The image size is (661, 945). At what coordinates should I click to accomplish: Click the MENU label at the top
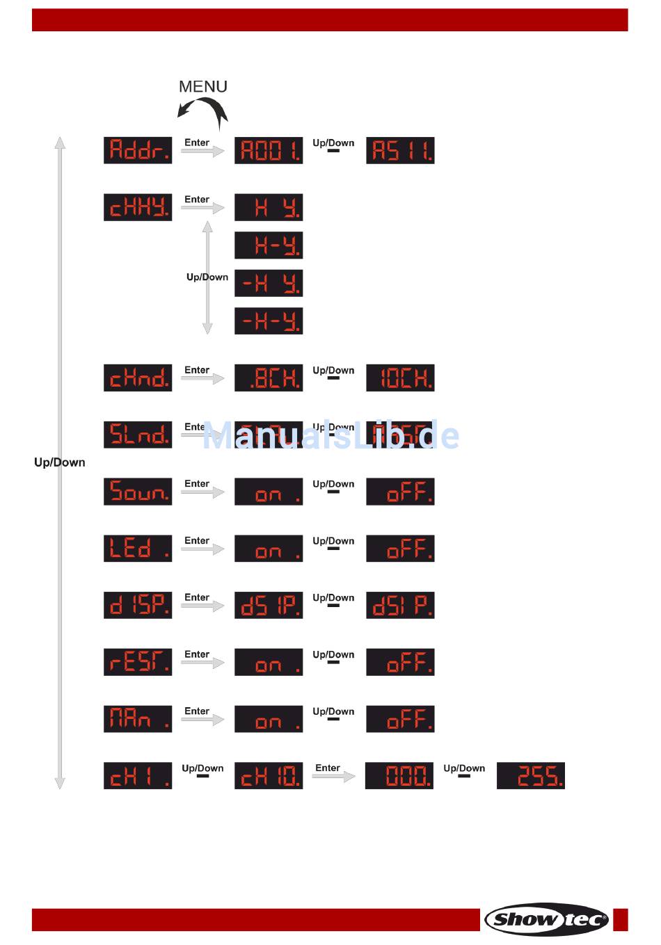click(x=203, y=86)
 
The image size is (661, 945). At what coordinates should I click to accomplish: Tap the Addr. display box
click(x=138, y=150)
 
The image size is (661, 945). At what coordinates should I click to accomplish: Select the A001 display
click(x=269, y=150)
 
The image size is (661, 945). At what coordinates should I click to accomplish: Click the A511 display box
click(x=400, y=150)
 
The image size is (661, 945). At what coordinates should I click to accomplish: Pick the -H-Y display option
click(x=269, y=321)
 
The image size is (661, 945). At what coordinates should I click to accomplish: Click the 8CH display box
click(x=269, y=378)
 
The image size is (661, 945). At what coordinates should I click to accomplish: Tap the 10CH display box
click(x=400, y=378)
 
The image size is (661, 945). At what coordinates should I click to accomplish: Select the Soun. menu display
click(x=138, y=492)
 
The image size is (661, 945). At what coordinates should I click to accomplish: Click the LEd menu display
click(x=138, y=548)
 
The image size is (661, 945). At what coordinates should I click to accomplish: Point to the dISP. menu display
click(x=138, y=605)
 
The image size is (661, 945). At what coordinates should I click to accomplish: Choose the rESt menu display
click(x=138, y=662)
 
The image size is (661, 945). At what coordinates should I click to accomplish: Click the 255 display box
click(x=531, y=775)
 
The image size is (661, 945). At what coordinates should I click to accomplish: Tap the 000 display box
click(x=399, y=775)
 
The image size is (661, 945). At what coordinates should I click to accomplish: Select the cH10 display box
click(x=269, y=775)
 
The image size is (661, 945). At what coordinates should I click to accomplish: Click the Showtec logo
click(x=547, y=919)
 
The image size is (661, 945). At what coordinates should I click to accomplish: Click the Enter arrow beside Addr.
click(x=202, y=151)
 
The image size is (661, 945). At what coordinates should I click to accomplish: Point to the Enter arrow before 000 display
click(x=333, y=776)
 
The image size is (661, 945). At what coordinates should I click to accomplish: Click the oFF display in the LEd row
click(x=400, y=548)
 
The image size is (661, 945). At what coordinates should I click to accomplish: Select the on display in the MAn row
click(x=269, y=718)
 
